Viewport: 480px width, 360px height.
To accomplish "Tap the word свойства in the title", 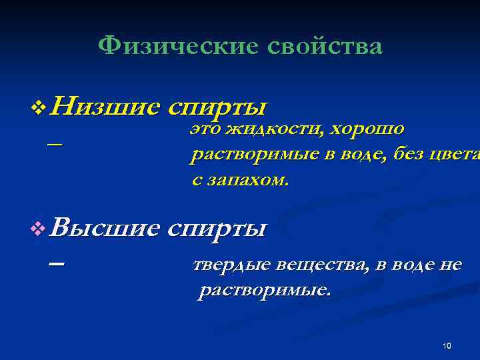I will point(325,46).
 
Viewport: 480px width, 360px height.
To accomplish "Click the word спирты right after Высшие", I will point(217,229).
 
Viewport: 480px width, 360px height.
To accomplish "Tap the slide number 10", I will point(447,345).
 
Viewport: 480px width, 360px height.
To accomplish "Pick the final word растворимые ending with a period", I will point(264,291).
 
